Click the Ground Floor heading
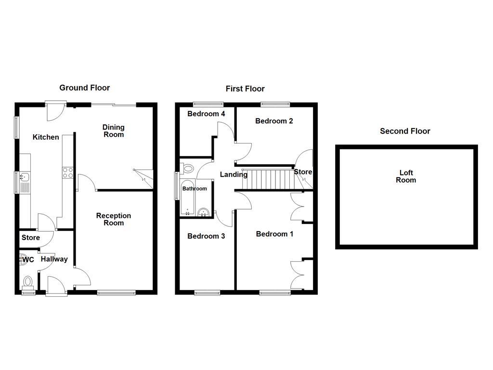point(84,88)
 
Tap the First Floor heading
point(245,89)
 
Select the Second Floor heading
point(405,131)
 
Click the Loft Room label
point(406,176)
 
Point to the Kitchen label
point(46,137)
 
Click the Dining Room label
point(114,131)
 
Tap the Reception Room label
point(114,219)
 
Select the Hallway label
point(54,259)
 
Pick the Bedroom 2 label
point(274,121)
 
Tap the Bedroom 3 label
point(206,236)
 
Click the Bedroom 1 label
point(274,234)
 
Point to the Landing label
point(234,174)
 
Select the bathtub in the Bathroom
point(188,198)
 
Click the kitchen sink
point(24,182)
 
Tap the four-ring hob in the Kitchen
point(67,172)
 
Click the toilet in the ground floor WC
point(28,281)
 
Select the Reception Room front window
point(116,292)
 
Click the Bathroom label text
point(195,189)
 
